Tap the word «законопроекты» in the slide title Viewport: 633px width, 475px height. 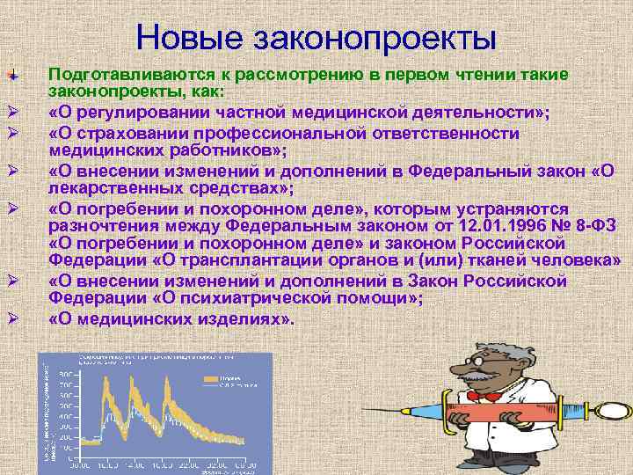(x=375, y=38)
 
